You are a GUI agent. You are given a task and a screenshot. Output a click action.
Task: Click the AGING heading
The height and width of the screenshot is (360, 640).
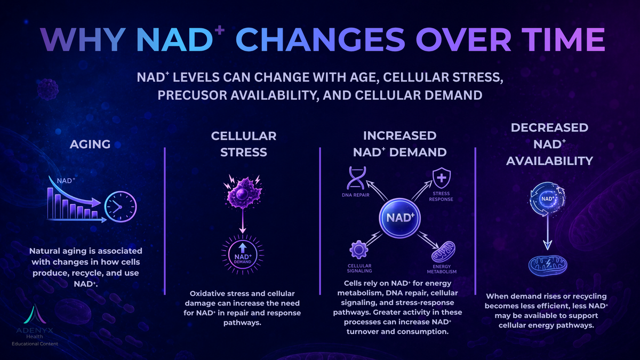pos(90,145)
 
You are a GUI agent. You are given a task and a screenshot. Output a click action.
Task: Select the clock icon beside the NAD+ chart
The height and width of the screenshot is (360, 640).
pos(121,207)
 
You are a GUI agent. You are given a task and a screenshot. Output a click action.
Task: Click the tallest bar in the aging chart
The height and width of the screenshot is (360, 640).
pos(50,203)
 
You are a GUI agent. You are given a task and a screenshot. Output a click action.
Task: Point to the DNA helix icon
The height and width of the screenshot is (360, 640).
pos(356,178)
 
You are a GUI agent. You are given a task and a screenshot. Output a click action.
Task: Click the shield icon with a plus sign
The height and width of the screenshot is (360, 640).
pos(442,178)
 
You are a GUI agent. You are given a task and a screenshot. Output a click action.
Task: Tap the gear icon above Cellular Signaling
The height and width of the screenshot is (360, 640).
pos(358,250)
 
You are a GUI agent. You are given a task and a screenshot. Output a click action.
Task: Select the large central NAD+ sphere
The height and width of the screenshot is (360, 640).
pos(400,218)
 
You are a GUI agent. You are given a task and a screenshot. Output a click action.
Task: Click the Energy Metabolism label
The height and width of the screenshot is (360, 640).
pos(442,269)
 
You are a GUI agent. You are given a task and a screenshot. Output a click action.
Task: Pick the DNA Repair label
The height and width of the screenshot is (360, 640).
pos(356,195)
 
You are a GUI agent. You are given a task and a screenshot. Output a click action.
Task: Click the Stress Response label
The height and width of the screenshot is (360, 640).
pos(441,196)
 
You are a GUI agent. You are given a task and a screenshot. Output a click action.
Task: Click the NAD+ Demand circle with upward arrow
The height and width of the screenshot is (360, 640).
pos(243,254)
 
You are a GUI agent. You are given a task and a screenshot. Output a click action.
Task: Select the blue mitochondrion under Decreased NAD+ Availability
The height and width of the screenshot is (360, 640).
pos(547,266)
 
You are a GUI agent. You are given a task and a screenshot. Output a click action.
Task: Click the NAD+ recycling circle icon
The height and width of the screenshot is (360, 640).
pos(547,199)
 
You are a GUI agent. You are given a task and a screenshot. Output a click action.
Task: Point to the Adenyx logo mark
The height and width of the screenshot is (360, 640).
pos(35,314)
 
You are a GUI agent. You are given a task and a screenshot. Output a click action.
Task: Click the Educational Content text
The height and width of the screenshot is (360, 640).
pos(35,343)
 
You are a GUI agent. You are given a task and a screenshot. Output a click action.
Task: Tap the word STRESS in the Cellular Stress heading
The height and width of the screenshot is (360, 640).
pos(244,153)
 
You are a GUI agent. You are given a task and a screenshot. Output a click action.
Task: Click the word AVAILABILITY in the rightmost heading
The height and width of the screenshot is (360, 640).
pos(549,161)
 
